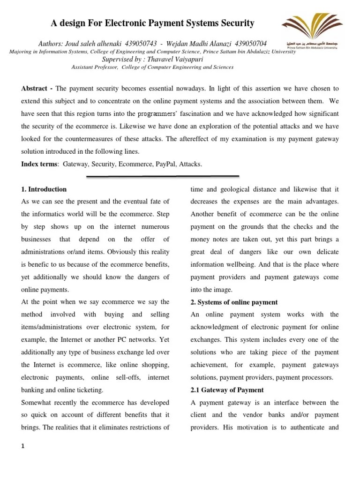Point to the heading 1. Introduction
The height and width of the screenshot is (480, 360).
tap(44, 189)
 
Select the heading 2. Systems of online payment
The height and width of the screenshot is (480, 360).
tap(234, 302)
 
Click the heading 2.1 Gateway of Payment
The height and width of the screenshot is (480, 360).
tap(227, 390)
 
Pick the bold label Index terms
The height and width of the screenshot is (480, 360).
tap(40, 164)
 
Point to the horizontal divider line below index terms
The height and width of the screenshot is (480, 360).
tap(163, 177)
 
